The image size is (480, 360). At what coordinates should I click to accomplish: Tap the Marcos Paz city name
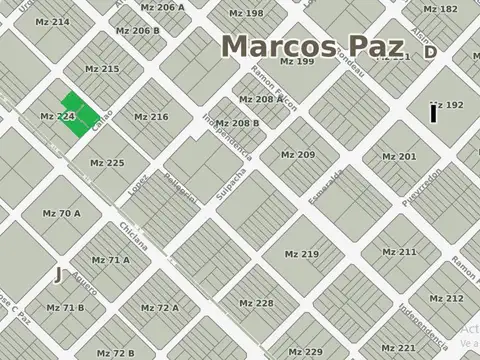pos(312,46)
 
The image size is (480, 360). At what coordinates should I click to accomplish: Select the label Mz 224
pos(57,117)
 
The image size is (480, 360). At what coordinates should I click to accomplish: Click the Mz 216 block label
pos(150,117)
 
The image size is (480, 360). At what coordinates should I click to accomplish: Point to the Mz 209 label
pos(297,155)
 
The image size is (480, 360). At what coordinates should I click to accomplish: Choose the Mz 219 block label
pos(301,254)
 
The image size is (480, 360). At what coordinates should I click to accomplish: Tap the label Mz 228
pos(256,303)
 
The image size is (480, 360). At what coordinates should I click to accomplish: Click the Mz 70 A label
pos(62,213)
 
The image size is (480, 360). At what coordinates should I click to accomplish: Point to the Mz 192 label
pos(446,105)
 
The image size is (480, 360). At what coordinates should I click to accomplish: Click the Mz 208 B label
pos(238,123)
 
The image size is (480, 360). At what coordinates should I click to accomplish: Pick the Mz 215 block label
pos(102,69)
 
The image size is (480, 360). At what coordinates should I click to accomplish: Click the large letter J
pos(59,274)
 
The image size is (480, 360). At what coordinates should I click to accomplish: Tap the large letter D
pos(430,52)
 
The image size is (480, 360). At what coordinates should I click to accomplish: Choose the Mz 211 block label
pos(399,252)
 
